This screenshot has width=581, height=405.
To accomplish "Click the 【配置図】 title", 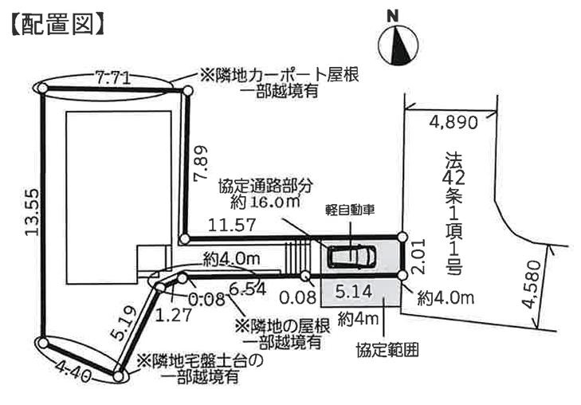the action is pos(57,26).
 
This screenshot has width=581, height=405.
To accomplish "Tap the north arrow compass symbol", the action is pos(398,45).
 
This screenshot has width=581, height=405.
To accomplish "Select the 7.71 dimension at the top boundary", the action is pos(112,78).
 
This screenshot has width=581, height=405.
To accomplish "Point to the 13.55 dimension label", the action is pos(32,212).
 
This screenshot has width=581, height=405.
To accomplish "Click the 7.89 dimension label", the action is pos(201,163).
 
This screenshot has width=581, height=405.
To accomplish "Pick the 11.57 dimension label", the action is pos(232,225).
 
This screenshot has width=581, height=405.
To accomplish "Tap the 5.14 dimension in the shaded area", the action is pos(354,292).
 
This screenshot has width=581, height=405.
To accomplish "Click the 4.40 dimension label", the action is pos(73,371).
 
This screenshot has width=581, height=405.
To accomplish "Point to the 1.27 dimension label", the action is pos(174,315).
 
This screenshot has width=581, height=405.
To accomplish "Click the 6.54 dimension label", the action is pos(247,288).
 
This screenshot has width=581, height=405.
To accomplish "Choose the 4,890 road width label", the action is pos(453,122).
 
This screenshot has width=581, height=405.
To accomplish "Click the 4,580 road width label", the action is pos(532,285).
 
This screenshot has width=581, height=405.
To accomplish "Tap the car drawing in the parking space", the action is pos(352,256).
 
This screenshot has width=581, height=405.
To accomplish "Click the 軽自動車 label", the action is pos(350,210).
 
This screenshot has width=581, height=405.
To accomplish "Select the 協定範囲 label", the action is pos(387,350).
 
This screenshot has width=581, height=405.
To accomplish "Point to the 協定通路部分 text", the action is pos(265,186).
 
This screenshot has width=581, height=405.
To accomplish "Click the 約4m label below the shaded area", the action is pos(358,319).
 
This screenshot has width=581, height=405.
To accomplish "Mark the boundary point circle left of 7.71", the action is pos(42,88).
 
